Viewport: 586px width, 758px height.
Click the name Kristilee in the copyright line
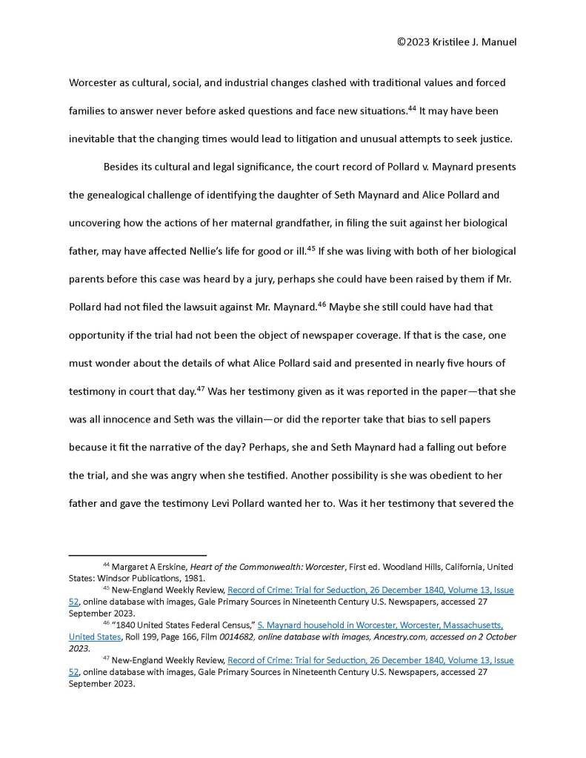[x=450, y=42]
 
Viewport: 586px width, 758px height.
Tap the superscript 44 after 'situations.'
[x=411, y=108]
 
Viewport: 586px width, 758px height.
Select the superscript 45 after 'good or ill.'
[x=311, y=247]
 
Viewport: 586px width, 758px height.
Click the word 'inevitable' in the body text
[x=96, y=139]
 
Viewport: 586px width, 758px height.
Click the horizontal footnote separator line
[x=137, y=553]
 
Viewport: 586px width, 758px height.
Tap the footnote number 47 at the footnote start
[x=106, y=659]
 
